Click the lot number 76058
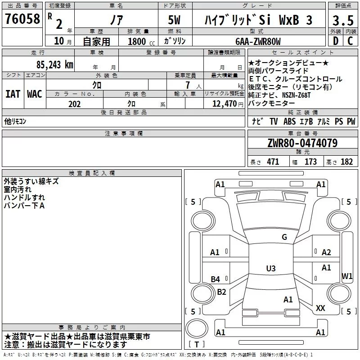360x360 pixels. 22,19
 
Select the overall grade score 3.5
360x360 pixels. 343,21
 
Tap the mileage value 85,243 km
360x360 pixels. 54,65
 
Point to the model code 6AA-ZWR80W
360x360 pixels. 258,41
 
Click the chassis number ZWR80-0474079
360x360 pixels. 302,143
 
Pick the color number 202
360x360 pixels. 74,104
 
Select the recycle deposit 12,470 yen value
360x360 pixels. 228,104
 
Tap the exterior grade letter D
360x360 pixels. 336,41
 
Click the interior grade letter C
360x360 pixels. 350,41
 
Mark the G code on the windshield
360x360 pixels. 284,237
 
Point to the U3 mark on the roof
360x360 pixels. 271,268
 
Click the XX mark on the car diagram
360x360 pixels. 320,308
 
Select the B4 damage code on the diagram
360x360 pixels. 215,279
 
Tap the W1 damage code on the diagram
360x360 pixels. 347,276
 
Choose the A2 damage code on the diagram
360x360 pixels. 326,252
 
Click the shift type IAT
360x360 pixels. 13,94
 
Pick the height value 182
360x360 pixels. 346,162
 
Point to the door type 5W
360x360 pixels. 174,20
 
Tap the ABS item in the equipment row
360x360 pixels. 289,121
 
